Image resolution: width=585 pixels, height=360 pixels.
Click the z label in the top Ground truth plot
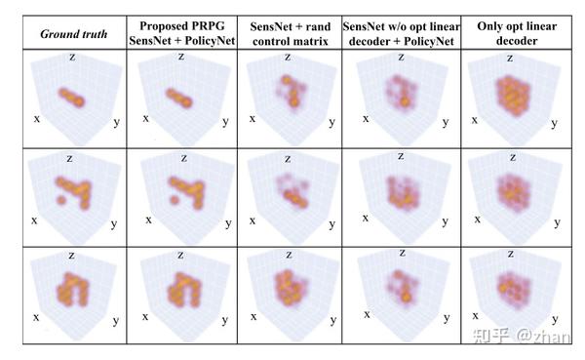[x=71, y=59]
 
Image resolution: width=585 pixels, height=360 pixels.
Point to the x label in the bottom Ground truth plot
[x=36, y=316]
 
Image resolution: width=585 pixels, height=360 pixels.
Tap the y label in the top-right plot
[x=556, y=123]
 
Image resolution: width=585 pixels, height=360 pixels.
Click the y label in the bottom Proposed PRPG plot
[x=227, y=320]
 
